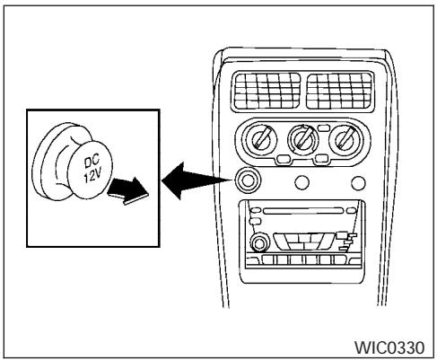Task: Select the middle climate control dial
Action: [303, 141]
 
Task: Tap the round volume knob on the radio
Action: [259, 242]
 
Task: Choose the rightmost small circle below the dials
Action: [360, 183]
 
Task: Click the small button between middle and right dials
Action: [325, 159]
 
